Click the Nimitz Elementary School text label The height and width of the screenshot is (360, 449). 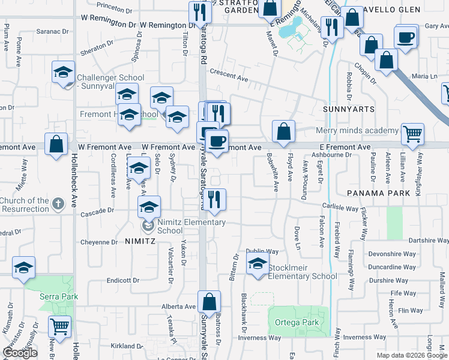point(191,226)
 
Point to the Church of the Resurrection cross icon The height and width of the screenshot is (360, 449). point(58,204)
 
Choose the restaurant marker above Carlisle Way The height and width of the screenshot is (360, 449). point(213,198)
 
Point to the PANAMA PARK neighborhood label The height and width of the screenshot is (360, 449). point(378,193)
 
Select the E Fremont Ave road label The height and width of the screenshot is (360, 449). point(345,147)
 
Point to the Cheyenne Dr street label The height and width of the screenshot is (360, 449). point(100,242)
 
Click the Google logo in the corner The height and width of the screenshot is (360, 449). point(20,353)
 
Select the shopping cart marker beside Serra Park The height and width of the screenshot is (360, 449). point(59,326)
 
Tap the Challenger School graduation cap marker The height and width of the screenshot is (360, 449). point(63,73)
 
